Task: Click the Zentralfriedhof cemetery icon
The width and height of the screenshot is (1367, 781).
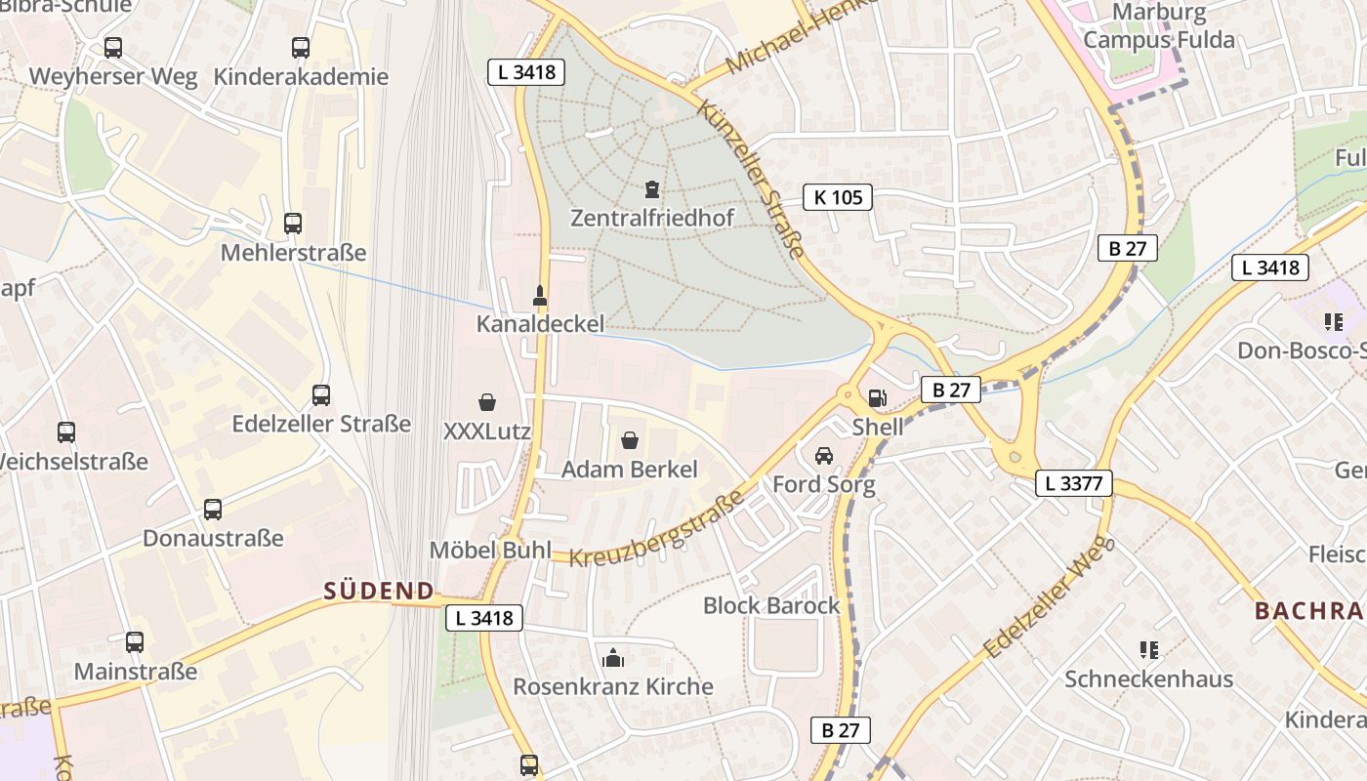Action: click(x=652, y=188)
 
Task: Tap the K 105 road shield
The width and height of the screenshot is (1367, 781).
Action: click(x=838, y=197)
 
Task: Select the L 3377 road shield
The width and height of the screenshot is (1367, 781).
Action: click(x=1073, y=482)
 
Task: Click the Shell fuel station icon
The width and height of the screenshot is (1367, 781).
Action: click(x=877, y=397)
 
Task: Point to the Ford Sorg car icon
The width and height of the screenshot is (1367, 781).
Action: click(x=824, y=456)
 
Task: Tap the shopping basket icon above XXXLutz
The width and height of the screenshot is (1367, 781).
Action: click(x=487, y=401)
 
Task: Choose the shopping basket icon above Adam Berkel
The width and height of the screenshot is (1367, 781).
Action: click(x=630, y=440)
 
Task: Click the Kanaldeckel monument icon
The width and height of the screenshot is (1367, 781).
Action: click(x=540, y=294)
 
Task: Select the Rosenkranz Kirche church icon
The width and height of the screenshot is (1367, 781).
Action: click(x=613, y=658)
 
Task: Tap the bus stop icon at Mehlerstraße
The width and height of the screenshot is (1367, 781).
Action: click(x=293, y=224)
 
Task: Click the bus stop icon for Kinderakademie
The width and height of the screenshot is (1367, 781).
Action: click(x=301, y=47)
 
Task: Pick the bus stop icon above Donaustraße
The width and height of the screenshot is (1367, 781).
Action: click(x=213, y=509)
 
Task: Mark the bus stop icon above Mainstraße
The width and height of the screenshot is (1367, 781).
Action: click(x=135, y=642)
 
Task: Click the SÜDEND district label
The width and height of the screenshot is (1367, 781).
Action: click(x=379, y=591)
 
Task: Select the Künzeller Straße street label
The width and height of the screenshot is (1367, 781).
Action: click(x=751, y=178)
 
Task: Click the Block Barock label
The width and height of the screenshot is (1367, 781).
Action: click(x=771, y=605)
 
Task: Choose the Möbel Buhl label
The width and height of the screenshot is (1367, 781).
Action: click(x=491, y=550)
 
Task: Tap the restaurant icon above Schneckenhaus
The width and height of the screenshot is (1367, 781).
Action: click(x=1149, y=649)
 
